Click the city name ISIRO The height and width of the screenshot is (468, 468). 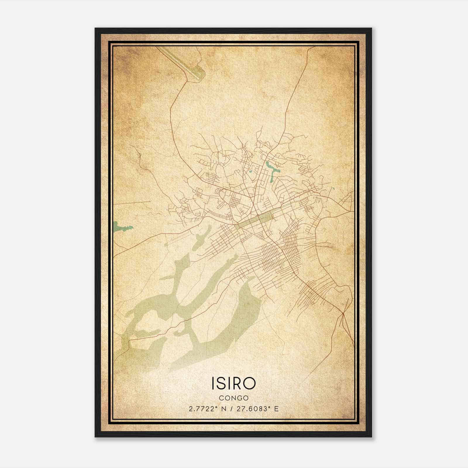click(x=233, y=383)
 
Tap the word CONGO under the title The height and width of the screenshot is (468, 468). click(x=233, y=398)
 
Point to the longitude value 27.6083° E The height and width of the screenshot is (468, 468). click(x=254, y=409)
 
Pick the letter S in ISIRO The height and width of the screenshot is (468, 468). click(x=222, y=383)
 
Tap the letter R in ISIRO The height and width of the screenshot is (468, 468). click(x=239, y=383)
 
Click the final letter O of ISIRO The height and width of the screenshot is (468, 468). click(x=250, y=383)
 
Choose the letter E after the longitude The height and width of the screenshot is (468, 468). click(x=276, y=409)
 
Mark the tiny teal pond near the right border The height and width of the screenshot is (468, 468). click(x=333, y=188)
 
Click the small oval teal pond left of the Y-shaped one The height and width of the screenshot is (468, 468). click(x=251, y=171)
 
